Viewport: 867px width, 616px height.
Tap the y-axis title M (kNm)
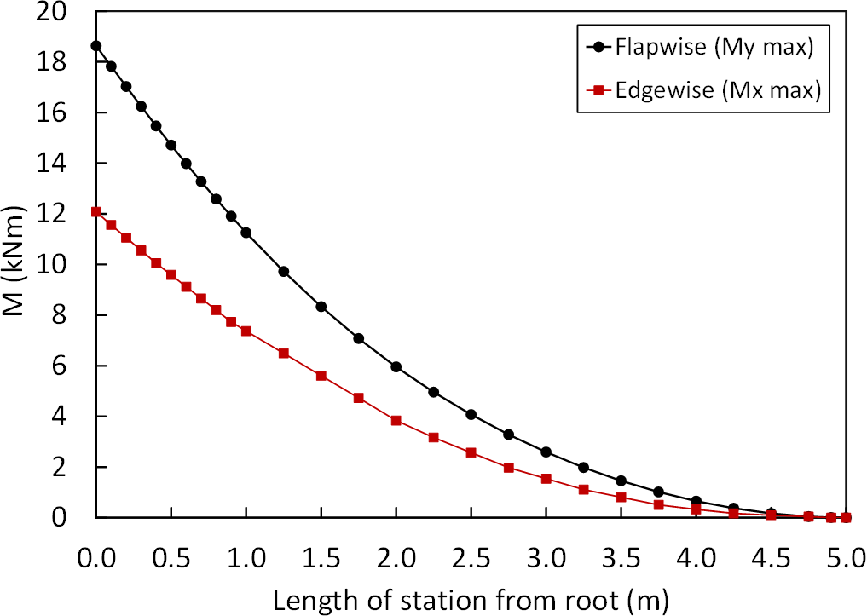click(x=20, y=264)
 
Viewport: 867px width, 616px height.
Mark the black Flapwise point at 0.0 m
click(x=96, y=46)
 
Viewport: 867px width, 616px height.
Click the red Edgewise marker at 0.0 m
click(x=96, y=212)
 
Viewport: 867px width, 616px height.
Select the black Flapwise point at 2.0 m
click(x=396, y=366)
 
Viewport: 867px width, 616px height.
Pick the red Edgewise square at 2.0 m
click(x=396, y=420)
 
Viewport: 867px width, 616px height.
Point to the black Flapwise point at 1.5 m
click(x=321, y=307)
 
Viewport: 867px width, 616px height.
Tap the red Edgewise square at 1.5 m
click(x=321, y=376)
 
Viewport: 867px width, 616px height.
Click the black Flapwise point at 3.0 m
click(x=546, y=452)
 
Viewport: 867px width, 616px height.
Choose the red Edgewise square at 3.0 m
click(x=546, y=478)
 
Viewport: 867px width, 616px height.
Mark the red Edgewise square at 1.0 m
click(x=246, y=331)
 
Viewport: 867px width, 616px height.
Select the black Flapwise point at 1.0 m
click(x=246, y=233)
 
